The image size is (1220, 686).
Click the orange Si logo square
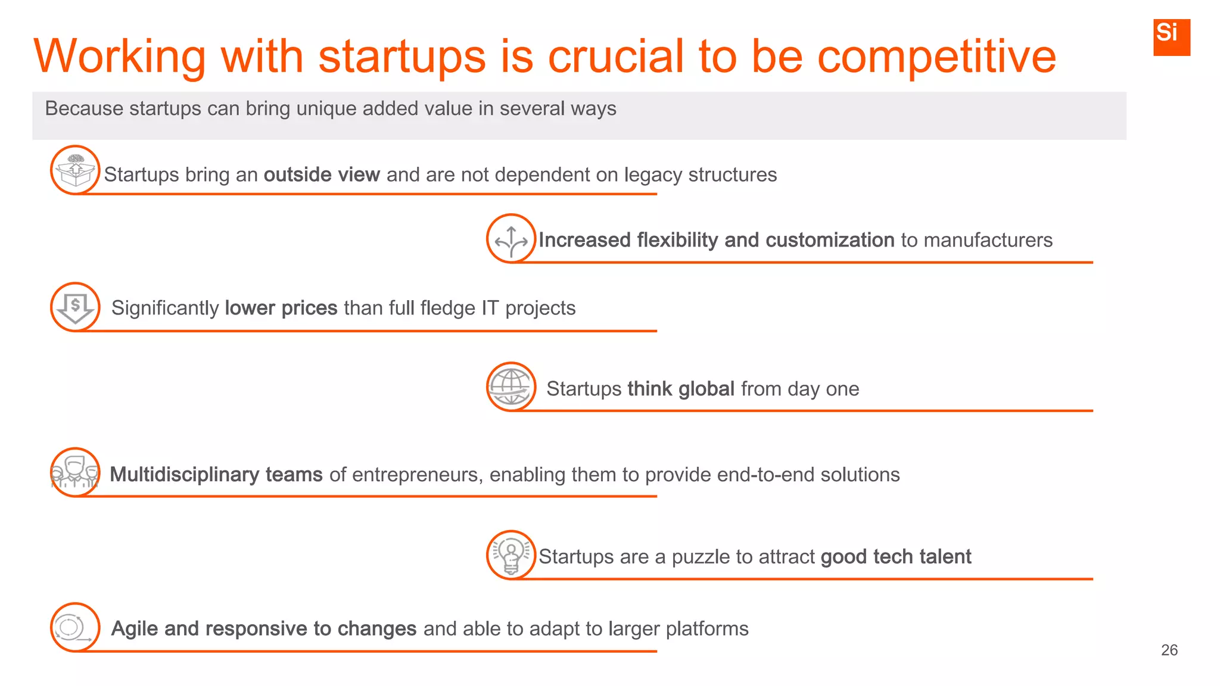coord(1171,37)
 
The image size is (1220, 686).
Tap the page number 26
coord(1169,650)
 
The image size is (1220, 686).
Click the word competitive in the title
coord(936,57)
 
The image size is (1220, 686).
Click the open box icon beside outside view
coord(75,170)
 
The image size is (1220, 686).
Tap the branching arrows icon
coord(511,238)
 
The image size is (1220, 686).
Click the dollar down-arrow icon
coord(75,307)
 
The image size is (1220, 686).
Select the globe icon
coord(511,386)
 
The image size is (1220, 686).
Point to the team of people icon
coord(75,472)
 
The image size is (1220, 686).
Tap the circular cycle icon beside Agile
coord(74,628)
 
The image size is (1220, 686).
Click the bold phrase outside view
coord(322,174)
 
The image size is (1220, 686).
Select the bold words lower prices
coord(281,308)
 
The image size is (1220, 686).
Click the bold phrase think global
coord(680,389)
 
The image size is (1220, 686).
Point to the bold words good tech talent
coord(895,557)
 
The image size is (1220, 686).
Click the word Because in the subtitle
coord(83,108)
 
